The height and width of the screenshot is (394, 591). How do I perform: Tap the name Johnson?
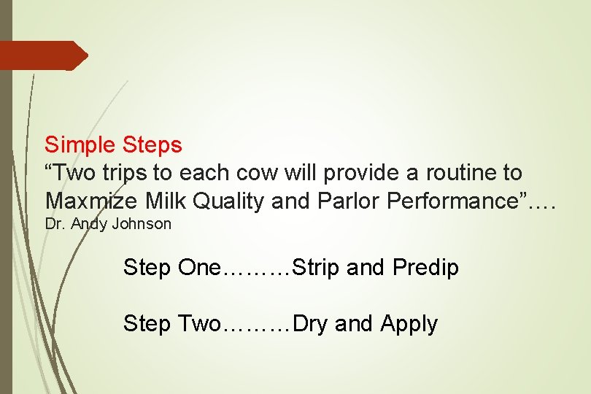(142, 224)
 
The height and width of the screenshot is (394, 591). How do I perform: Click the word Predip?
(425, 268)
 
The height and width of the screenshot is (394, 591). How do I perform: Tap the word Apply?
(409, 324)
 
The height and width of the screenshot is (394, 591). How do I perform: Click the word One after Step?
(198, 268)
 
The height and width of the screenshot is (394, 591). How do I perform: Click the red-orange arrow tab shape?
(44, 55)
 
